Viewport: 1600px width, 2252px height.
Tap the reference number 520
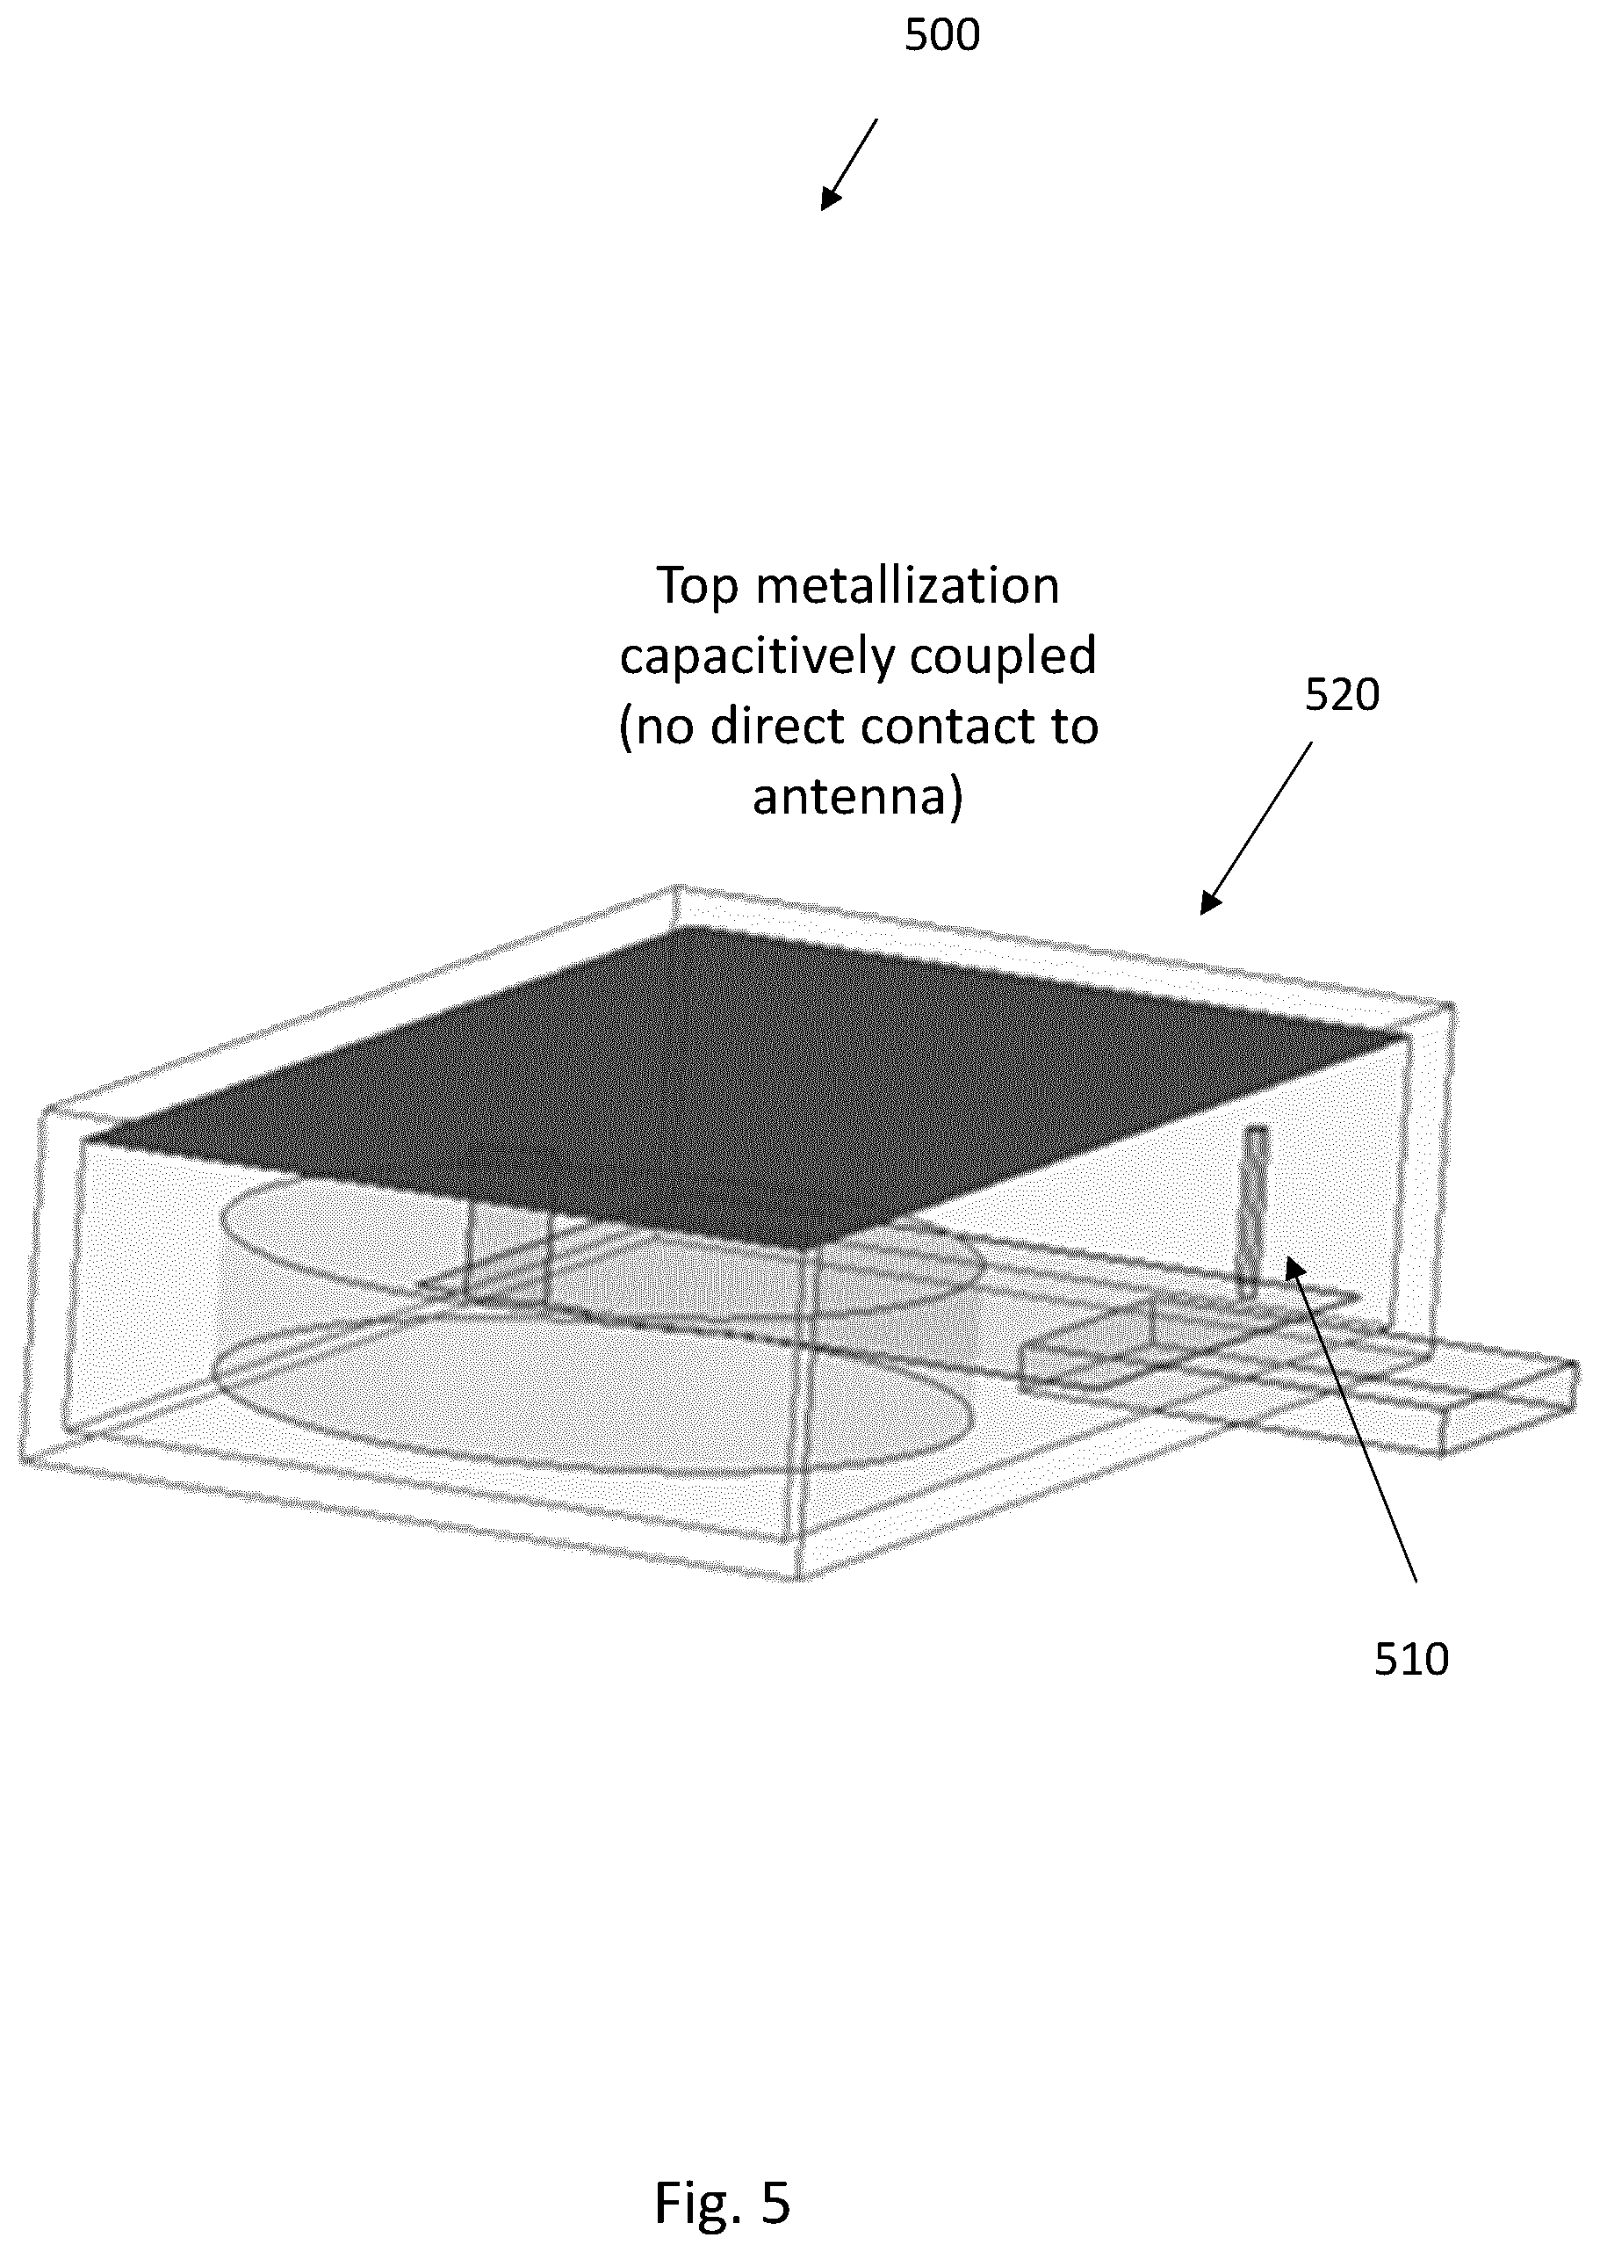[1342, 696]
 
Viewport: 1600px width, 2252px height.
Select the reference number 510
[1411, 1660]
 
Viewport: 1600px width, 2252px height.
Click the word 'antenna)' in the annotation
[857, 796]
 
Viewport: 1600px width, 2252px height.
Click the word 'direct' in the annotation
[779, 727]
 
